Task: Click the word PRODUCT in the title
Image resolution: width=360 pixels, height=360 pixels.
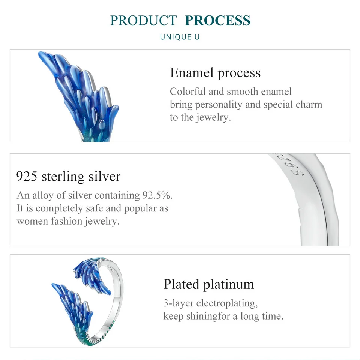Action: point(143,20)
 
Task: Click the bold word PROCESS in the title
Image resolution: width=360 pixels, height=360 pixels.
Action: point(217,20)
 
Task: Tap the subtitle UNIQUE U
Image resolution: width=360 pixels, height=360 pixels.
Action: point(180,37)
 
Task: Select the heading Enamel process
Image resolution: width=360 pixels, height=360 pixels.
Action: point(215,72)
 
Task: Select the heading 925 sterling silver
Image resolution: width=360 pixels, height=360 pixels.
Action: point(69,176)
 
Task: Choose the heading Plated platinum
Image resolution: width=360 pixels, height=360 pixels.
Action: point(208,284)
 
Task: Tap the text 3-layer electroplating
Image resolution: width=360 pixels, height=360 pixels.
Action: point(210,303)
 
